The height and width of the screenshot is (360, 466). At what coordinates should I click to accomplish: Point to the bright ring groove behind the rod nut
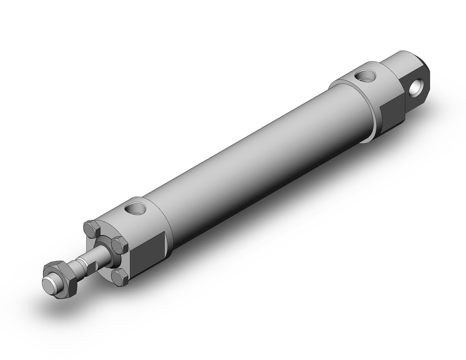point(75,268)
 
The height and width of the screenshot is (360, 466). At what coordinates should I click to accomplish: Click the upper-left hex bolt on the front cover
point(91,229)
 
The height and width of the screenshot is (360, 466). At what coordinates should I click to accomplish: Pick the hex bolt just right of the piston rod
point(120,244)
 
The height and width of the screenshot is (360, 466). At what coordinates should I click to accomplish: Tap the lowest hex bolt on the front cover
point(119,277)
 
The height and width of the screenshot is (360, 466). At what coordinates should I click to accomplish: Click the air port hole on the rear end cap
point(365,75)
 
